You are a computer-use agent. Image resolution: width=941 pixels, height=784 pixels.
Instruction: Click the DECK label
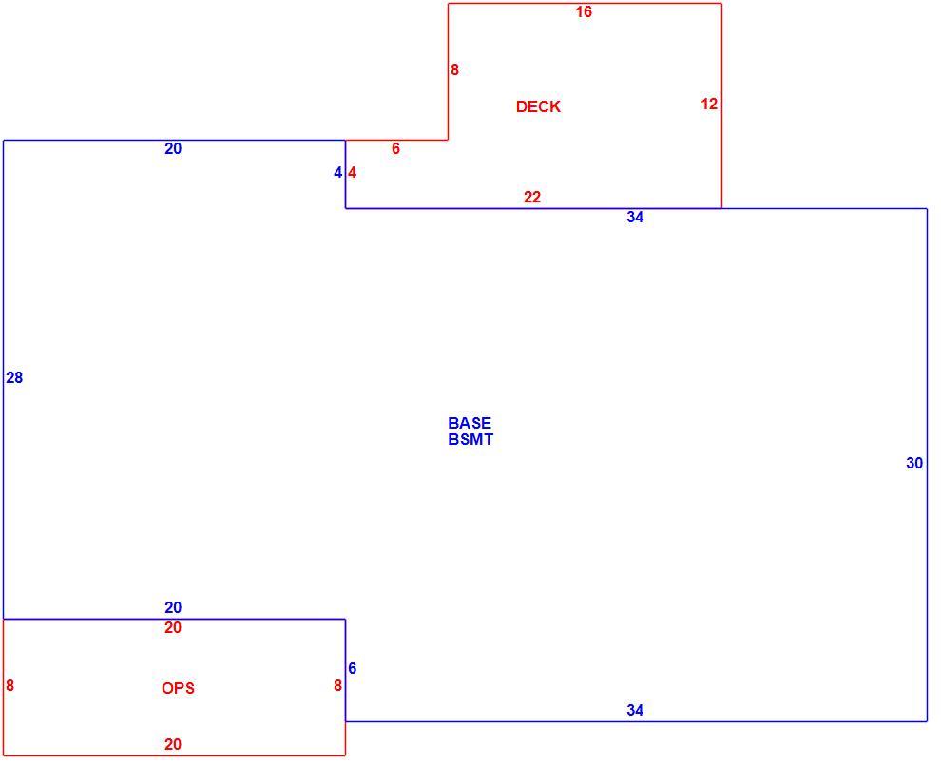(x=538, y=106)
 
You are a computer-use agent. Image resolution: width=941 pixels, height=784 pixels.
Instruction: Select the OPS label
(x=179, y=688)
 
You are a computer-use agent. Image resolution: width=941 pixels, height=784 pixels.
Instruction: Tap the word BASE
(x=470, y=423)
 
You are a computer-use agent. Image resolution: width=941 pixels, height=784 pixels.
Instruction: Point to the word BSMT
(x=470, y=439)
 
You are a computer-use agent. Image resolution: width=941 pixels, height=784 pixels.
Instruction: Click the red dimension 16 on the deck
(x=584, y=12)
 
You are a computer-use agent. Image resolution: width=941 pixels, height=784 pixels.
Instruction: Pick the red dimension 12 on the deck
(x=709, y=104)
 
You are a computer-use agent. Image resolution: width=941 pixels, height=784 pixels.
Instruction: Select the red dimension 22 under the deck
(x=532, y=197)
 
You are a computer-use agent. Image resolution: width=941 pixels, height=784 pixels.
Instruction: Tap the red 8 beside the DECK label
(x=455, y=70)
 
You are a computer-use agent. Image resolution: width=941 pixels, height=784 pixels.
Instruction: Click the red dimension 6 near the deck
(x=395, y=149)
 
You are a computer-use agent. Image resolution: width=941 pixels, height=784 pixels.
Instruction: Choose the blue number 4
(x=337, y=173)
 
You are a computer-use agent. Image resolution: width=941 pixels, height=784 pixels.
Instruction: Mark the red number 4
(x=353, y=173)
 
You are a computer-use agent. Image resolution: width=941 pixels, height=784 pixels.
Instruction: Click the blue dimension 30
(x=914, y=463)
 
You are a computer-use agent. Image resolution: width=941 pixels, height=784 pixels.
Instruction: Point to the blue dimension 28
(x=14, y=377)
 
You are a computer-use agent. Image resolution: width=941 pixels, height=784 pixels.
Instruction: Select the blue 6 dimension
(x=353, y=668)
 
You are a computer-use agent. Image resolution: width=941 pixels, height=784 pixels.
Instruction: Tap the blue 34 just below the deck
(x=635, y=218)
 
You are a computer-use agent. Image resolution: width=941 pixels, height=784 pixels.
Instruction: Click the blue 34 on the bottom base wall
(x=635, y=710)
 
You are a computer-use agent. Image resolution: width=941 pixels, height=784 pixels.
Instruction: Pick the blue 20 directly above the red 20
(x=173, y=607)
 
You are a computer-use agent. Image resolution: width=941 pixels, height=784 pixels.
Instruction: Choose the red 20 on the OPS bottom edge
(x=173, y=744)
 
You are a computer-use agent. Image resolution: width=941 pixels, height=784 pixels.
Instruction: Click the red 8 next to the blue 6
(x=337, y=685)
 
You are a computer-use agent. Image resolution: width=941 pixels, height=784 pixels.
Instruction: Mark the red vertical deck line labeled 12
(x=721, y=106)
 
